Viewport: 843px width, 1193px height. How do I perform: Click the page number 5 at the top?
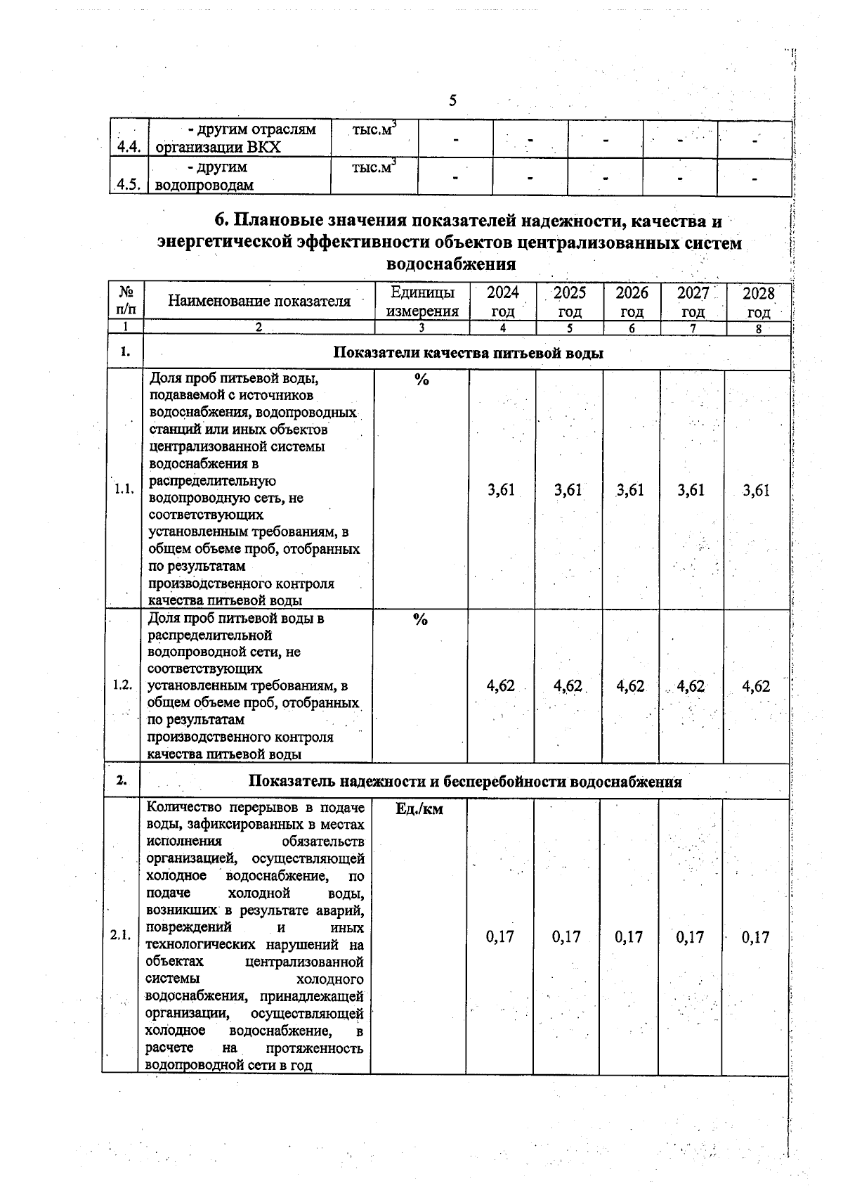[452, 101]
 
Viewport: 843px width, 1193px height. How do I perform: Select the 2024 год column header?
[502, 302]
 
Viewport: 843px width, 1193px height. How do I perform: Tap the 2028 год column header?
[759, 302]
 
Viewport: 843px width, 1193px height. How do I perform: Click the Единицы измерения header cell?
[421, 302]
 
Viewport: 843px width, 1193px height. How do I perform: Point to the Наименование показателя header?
[259, 302]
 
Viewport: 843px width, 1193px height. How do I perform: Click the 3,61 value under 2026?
[630, 490]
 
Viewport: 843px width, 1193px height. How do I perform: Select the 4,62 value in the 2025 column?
[568, 686]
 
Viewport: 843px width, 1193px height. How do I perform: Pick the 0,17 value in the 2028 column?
[756, 937]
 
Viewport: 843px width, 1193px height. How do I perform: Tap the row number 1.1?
[124, 490]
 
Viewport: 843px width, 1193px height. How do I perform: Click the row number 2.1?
[121, 936]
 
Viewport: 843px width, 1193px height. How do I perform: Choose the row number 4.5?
[130, 185]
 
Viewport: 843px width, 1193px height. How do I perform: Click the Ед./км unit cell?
[419, 809]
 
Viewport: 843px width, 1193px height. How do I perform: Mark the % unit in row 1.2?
[420, 619]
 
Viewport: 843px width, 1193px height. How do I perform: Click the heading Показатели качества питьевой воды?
[468, 353]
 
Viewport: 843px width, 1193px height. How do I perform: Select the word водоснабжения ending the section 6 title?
[452, 264]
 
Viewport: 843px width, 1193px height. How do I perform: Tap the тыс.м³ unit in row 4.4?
[374, 130]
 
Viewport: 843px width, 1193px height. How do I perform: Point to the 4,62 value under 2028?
[756, 686]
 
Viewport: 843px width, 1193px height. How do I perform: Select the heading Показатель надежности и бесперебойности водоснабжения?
[465, 782]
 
